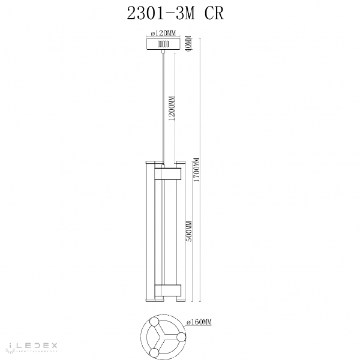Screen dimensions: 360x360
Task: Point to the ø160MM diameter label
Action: (x=200, y=322)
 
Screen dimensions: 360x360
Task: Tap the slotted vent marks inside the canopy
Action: (x=162, y=44)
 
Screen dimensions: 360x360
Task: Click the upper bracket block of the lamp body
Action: (x=167, y=173)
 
